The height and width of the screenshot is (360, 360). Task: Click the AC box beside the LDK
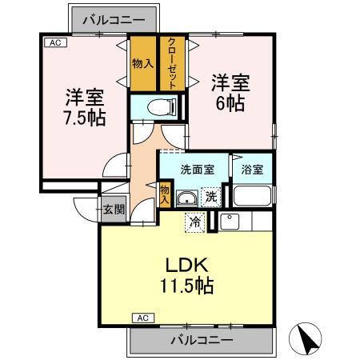tap(143, 318)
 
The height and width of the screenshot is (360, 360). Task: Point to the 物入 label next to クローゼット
tap(143, 63)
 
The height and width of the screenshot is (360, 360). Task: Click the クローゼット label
tap(172, 63)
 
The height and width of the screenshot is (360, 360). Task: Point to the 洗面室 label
tap(196, 170)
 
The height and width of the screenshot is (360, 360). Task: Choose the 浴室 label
tap(252, 170)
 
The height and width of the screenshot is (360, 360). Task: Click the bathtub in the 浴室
tap(251, 197)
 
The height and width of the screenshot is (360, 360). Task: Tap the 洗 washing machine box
tap(210, 197)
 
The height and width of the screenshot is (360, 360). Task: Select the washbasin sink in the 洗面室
tap(186, 199)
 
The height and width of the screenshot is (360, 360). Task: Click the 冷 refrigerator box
tap(194, 222)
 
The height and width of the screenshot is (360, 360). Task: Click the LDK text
tap(189, 264)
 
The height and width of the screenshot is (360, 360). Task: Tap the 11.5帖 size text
tap(189, 285)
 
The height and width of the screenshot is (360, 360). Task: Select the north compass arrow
tap(305, 338)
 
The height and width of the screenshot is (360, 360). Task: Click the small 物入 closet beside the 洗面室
tap(165, 195)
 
